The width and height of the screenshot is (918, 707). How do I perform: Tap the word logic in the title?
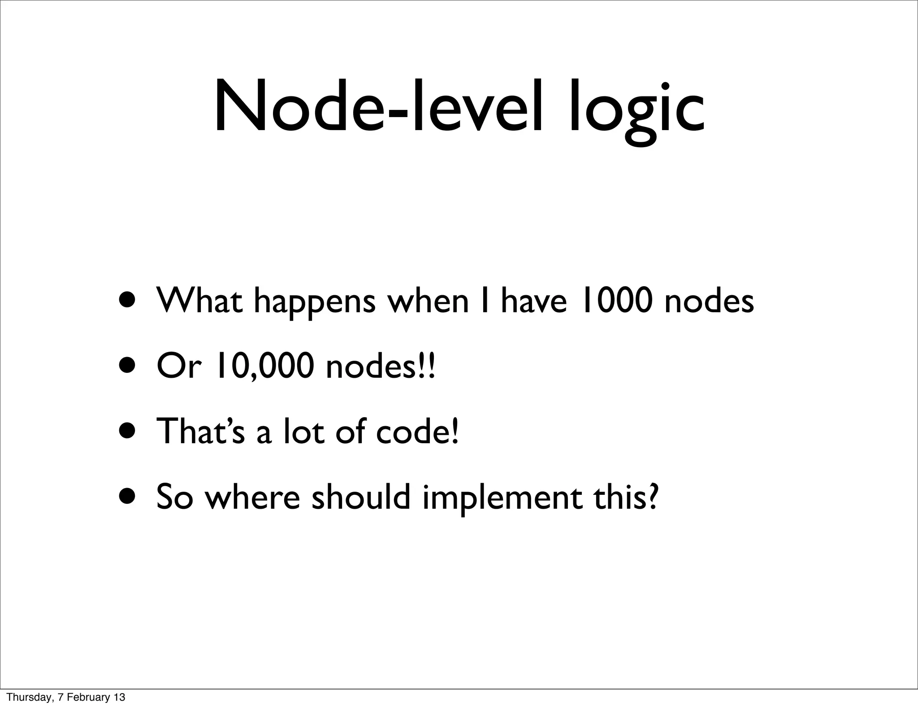tap(637, 110)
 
